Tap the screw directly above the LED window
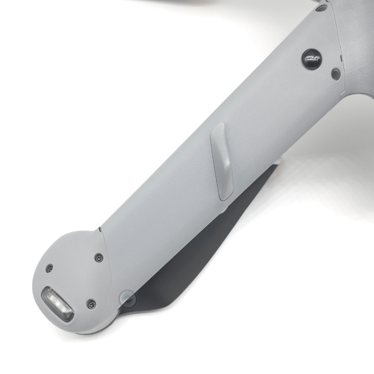tap(49, 268)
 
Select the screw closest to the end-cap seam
tap(99, 258)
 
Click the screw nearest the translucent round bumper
tap(91, 304)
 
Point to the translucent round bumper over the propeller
tap(127, 298)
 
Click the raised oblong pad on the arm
tap(222, 161)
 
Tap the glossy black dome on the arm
tap(312, 59)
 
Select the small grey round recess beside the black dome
tap(336, 73)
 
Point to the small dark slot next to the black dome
tap(341, 58)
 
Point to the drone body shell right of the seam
tap(357, 56)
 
